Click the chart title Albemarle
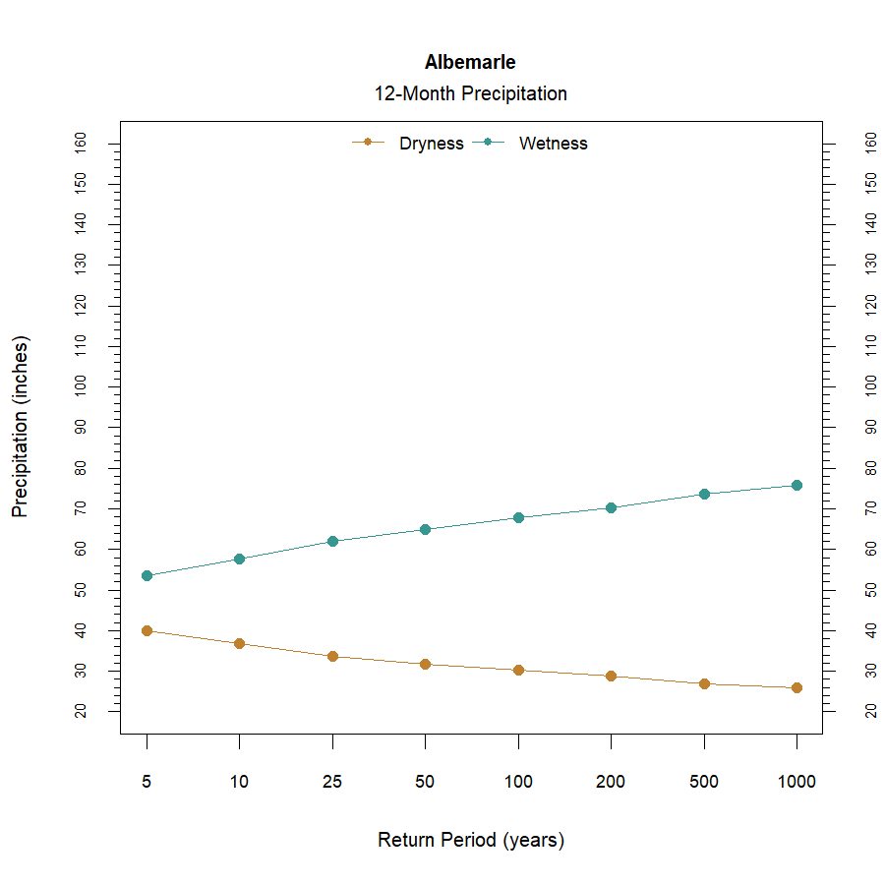(x=470, y=62)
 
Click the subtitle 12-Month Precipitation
(x=470, y=94)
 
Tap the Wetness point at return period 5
(x=147, y=575)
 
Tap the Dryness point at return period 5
(x=147, y=630)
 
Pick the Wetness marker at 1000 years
(x=796, y=485)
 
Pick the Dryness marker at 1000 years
(x=796, y=687)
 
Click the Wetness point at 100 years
(x=518, y=517)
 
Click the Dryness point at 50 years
(x=425, y=664)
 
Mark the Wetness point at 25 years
(x=332, y=541)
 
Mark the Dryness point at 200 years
(x=611, y=676)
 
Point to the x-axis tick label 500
(x=703, y=783)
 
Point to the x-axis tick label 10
(x=239, y=783)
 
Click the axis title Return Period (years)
(x=470, y=841)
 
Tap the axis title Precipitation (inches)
(x=21, y=427)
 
